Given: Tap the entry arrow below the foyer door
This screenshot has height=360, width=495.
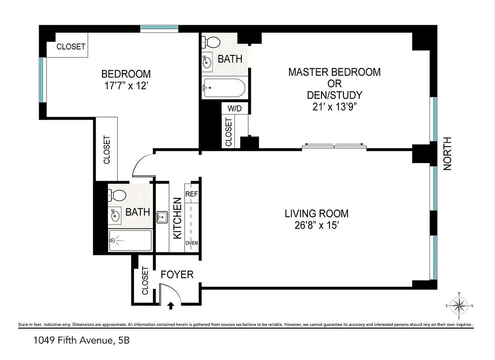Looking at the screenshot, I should [x=171, y=306].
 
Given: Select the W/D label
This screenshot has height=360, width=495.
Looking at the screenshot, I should [x=235, y=108].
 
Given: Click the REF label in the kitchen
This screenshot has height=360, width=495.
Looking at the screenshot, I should [x=192, y=194].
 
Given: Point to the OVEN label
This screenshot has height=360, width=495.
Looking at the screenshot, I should [x=192, y=243].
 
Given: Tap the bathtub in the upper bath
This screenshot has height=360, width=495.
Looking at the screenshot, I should [x=223, y=88].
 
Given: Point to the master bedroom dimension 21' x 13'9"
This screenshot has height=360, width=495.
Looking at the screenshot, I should [x=334, y=107].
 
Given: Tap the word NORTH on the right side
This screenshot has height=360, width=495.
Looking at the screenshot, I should [x=447, y=153].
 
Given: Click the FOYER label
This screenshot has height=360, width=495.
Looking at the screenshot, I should [x=177, y=274].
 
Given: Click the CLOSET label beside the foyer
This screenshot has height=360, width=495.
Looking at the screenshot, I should [x=145, y=280].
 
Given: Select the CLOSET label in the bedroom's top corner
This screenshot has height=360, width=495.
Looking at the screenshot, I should [x=71, y=47].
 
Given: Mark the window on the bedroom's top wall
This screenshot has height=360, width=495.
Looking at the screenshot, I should [x=159, y=29].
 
